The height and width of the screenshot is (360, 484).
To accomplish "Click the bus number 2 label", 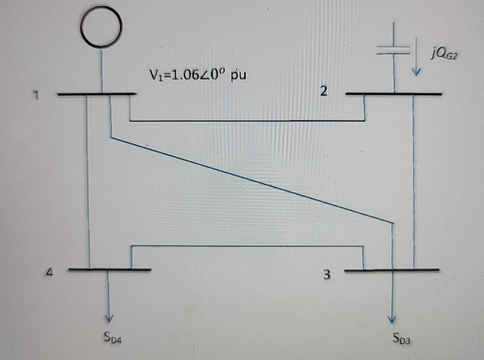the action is (323, 92).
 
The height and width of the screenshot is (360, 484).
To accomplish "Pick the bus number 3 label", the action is (327, 274).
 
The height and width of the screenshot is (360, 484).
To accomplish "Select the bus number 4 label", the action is (50, 273).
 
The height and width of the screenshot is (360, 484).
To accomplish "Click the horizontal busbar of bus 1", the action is (96, 94).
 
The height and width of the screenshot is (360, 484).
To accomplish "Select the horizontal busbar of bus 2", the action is (393, 94).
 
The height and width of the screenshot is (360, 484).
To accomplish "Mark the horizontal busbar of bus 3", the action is (391, 270).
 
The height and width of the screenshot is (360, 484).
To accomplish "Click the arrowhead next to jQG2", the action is (417, 71).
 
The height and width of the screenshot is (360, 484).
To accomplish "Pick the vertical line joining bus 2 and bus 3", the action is (413, 180).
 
